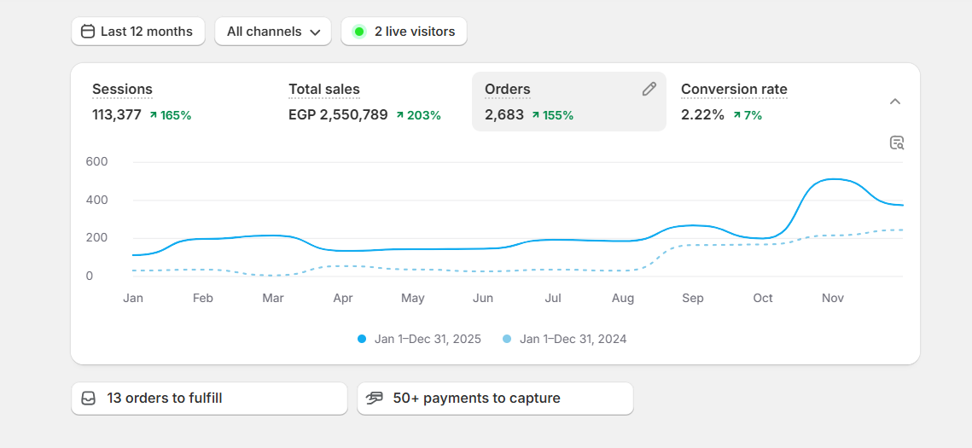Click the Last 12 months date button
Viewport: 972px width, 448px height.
(138, 32)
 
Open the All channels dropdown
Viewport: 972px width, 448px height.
(273, 32)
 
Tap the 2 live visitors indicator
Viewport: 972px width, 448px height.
(404, 32)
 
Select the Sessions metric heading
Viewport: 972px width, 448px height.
(122, 89)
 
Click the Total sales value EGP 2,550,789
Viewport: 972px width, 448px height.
(338, 114)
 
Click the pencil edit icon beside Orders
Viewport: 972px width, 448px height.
(649, 89)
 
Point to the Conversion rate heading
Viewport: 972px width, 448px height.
(734, 89)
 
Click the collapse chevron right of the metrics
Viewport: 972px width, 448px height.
(895, 102)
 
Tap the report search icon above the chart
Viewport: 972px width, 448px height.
(896, 143)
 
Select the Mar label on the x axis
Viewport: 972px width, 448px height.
(273, 298)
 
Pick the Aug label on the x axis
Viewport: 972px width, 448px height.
(623, 298)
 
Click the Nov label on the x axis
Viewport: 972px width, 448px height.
(833, 298)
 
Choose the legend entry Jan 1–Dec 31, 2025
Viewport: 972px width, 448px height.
(419, 339)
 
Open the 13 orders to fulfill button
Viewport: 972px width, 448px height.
(209, 399)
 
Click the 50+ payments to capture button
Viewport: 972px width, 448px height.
(495, 399)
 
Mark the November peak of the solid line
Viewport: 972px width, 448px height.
(830, 179)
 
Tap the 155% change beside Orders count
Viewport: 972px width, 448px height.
(552, 115)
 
